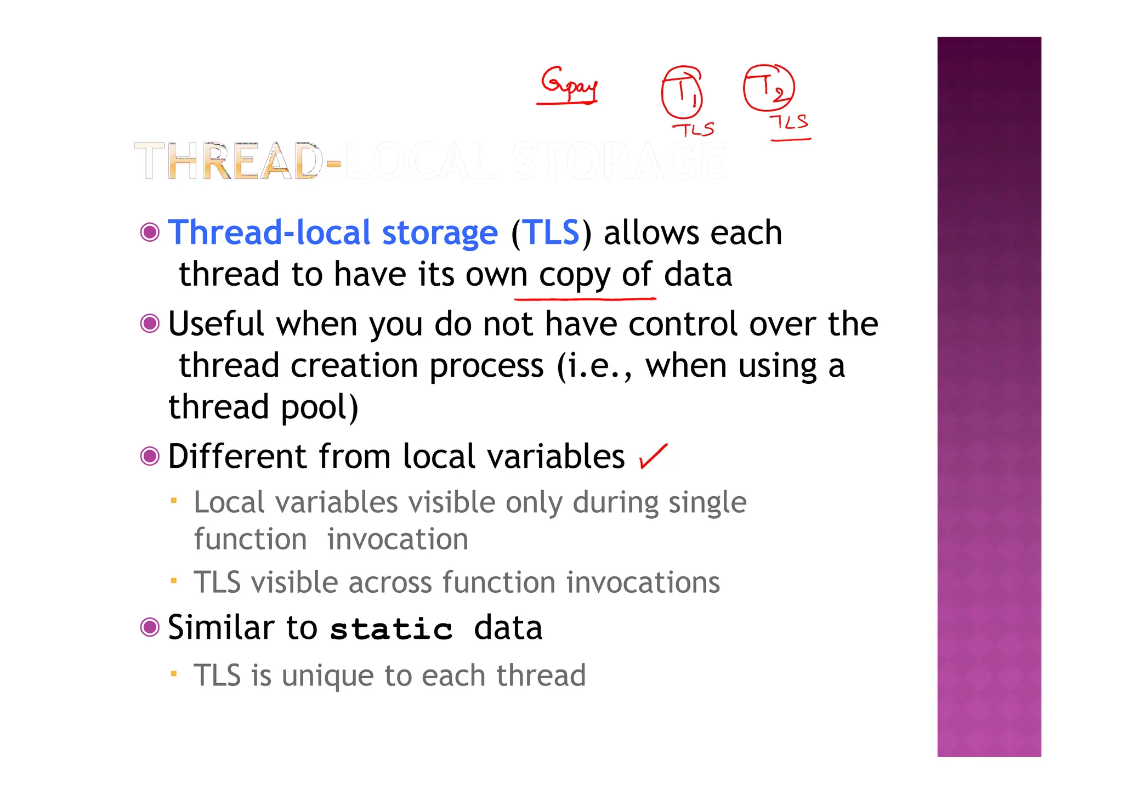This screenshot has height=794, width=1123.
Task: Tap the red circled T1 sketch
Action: pos(682,92)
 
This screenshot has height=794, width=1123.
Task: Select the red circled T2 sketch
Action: pos(769,87)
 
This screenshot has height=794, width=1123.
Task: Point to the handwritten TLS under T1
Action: pos(694,129)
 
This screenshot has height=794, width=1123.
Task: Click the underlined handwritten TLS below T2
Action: pos(790,122)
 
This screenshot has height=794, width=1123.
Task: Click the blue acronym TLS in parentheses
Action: pos(552,232)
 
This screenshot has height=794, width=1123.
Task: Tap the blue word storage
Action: pos(440,232)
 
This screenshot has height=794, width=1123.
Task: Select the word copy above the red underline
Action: pos(574,274)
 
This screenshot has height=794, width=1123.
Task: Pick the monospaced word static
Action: pos(392,628)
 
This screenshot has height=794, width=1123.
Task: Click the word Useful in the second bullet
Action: pos(216,324)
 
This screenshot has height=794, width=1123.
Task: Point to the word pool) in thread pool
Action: pos(319,407)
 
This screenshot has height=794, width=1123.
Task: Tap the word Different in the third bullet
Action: pos(237,456)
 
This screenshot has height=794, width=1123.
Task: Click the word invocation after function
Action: pos(398,539)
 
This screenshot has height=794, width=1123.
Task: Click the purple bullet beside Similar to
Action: pos(150,627)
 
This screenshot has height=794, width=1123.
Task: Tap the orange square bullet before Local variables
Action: pos(173,500)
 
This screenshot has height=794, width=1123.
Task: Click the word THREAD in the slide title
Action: pos(228,161)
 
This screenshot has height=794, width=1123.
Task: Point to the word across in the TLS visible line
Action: pos(390,582)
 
